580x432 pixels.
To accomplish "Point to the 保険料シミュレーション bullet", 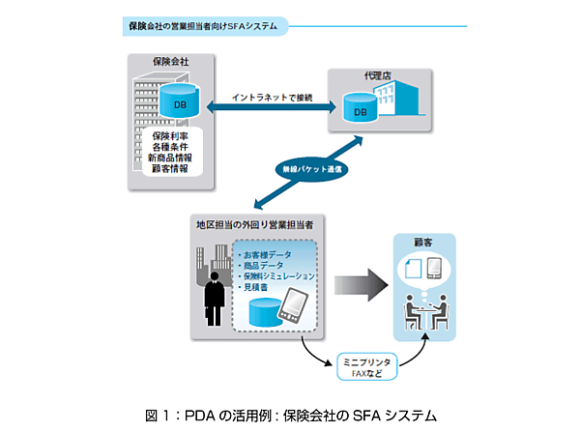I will coord(280,275).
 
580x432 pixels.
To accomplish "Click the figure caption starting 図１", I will coord(291,415).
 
